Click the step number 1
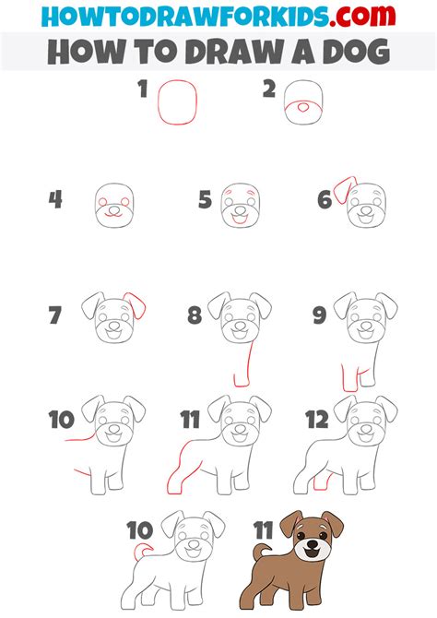(x=143, y=89)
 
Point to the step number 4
(x=56, y=198)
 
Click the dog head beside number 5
(x=240, y=204)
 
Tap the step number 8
(x=194, y=315)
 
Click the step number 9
(x=319, y=315)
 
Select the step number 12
(x=316, y=421)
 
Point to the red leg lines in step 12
(x=322, y=480)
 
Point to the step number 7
(x=55, y=315)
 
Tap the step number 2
(x=269, y=89)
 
